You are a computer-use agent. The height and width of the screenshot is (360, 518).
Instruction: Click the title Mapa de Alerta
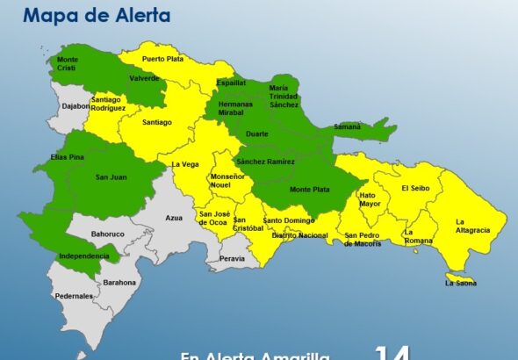pyautogui.click(x=97, y=16)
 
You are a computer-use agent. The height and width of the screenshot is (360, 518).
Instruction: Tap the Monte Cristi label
pyautogui.click(x=68, y=63)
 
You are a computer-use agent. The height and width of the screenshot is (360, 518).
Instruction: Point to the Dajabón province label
pyautogui.click(x=76, y=106)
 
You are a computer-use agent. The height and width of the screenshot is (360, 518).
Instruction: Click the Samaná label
pyautogui.click(x=347, y=126)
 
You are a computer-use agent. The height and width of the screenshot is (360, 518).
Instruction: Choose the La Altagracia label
pyautogui.click(x=472, y=226)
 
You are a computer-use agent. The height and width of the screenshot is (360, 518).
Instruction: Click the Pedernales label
pyautogui.click(x=74, y=296)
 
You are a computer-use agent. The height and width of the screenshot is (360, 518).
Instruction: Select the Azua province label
pyautogui.click(x=173, y=216)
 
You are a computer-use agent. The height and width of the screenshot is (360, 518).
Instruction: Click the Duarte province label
pyautogui.click(x=257, y=134)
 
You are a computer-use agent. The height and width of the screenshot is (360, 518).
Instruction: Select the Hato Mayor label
pyautogui.click(x=370, y=199)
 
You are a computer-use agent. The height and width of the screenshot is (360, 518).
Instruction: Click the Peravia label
pyautogui.click(x=233, y=258)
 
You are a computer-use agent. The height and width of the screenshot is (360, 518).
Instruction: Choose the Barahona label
pyautogui.click(x=119, y=282)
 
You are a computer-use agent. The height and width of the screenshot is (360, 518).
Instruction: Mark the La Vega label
pyautogui.click(x=186, y=163)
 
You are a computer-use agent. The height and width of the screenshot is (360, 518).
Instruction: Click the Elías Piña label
pyautogui.click(x=54, y=158)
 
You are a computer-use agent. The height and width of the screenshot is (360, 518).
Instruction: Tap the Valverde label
pyautogui.click(x=144, y=77)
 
